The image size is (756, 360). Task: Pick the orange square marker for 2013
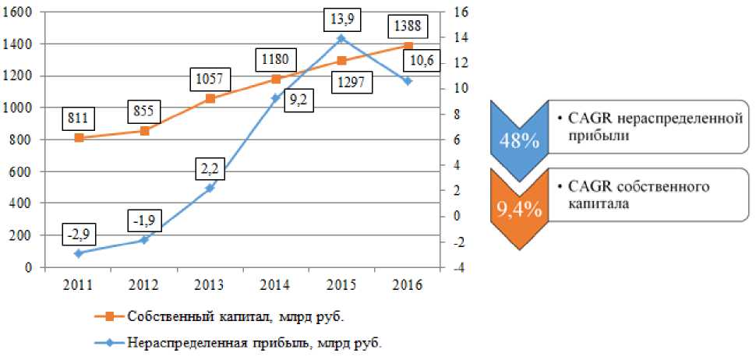pyautogui.click(x=209, y=98)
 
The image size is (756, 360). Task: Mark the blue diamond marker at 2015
pyautogui.click(x=340, y=38)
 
